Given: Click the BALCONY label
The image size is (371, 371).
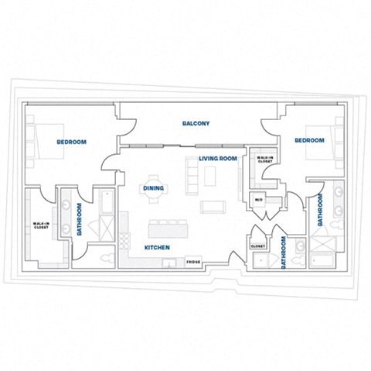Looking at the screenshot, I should coord(196,124).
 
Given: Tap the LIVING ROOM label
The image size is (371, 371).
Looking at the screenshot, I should coord(217,159).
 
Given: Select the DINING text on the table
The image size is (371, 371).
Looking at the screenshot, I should coord(153,188).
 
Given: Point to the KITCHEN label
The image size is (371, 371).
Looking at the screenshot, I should coord(157,248).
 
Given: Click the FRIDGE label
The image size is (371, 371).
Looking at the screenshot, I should coord(194,262).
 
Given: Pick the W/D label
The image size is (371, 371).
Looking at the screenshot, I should coord(259,199).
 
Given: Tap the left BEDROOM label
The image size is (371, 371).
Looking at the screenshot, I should coord(71,142).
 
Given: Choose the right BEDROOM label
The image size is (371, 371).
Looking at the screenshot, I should coord(309,140).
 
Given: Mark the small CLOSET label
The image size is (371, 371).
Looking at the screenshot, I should coord(257,246).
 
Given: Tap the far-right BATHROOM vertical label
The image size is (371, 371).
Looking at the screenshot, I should coord(319,208).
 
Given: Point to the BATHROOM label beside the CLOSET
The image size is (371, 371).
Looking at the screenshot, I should coord(284,252).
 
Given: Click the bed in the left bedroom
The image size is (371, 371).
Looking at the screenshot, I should coord(39,141).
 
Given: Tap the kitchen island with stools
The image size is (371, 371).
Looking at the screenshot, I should coord(168,229).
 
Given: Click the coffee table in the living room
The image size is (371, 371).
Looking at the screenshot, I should coord(212,207).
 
